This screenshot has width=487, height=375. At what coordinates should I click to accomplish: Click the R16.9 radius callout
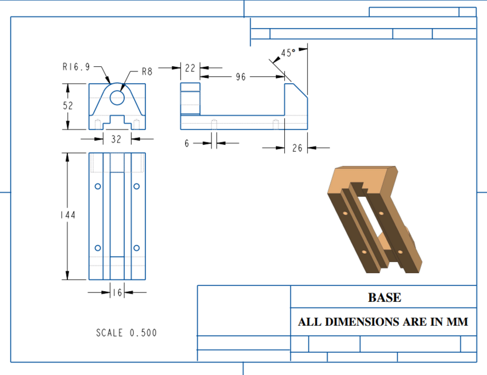tap(76, 67)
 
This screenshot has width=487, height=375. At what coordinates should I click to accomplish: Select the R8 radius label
tap(147, 72)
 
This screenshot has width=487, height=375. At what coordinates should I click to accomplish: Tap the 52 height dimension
tap(68, 106)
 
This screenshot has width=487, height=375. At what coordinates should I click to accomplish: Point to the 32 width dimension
tap(116, 139)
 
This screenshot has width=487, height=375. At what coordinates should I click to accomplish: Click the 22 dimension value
tap(190, 69)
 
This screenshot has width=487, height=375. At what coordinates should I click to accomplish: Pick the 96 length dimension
tap(240, 77)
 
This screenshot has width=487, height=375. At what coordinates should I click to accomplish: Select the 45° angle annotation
tap(288, 53)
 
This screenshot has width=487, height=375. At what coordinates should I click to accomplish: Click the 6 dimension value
tap(187, 143)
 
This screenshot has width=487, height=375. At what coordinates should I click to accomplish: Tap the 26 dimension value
tap(297, 148)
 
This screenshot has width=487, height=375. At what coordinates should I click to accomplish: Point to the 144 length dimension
tap(68, 216)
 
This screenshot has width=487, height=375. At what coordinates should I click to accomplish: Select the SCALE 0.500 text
tap(127, 333)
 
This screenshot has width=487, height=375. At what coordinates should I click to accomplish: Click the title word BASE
tap(384, 298)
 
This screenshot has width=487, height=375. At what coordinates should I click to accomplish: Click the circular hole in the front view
tap(117, 97)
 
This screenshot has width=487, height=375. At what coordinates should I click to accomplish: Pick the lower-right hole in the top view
tap(137, 248)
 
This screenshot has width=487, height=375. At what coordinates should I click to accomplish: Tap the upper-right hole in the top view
tap(137, 186)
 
